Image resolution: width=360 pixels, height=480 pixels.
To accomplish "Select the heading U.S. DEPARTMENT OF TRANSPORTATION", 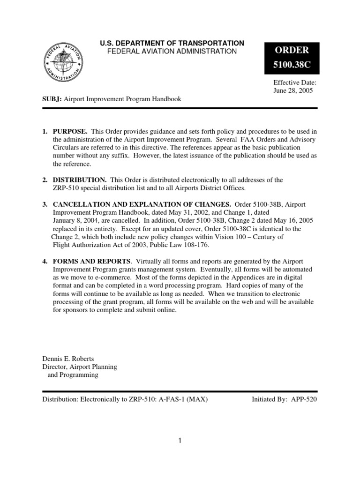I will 172,43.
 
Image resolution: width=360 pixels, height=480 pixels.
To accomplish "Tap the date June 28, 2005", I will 293,90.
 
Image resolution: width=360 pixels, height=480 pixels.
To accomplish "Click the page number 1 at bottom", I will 180,440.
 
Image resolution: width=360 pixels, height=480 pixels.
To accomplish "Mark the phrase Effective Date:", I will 295,82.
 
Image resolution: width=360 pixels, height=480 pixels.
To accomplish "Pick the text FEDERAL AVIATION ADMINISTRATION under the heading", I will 172,51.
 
